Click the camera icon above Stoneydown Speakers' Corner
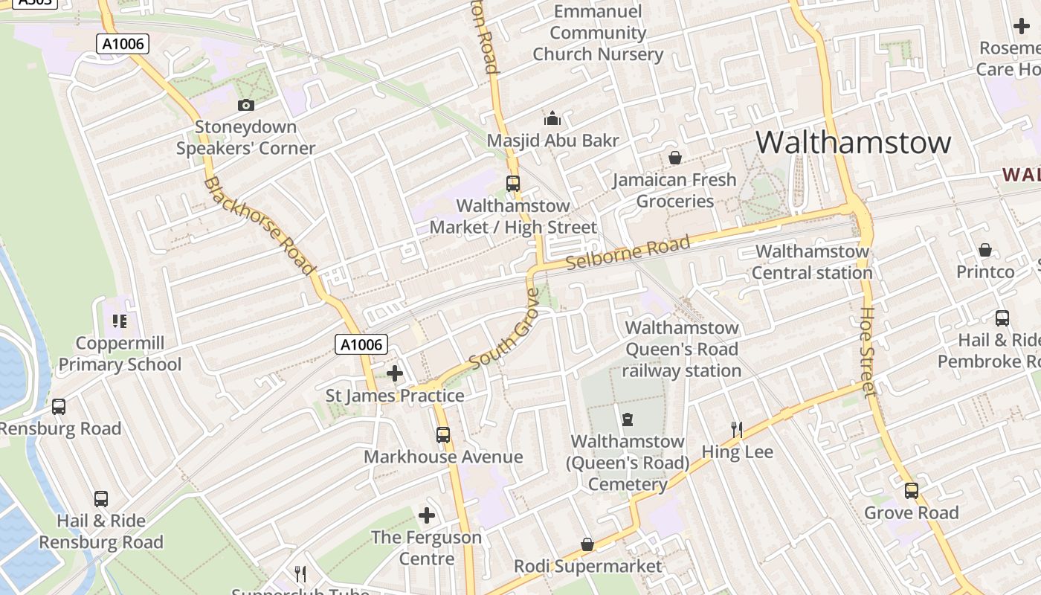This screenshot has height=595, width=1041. tap(245, 106)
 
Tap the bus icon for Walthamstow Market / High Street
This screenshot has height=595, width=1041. tap(512, 183)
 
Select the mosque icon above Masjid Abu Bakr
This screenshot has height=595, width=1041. tap(552, 118)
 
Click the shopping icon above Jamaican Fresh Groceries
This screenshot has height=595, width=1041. tap(675, 158)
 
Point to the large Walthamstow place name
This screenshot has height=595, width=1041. tap(853, 142)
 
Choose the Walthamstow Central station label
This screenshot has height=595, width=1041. tap(812, 262)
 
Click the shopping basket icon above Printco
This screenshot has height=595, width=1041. tap(985, 250)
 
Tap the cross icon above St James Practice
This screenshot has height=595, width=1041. tap(395, 373)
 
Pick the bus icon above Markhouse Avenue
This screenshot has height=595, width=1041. tap(443, 434)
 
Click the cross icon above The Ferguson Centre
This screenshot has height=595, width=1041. tap(427, 515)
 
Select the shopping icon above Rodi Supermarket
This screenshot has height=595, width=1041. tap(587, 544)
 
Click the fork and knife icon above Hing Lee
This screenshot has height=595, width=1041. tap(737, 429)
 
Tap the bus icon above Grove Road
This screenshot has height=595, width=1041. tap(911, 491)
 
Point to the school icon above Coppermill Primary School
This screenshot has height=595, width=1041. tap(120, 321)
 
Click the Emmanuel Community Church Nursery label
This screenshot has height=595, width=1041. tap(598, 33)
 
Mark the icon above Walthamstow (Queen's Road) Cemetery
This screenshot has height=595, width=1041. tap(628, 419)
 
